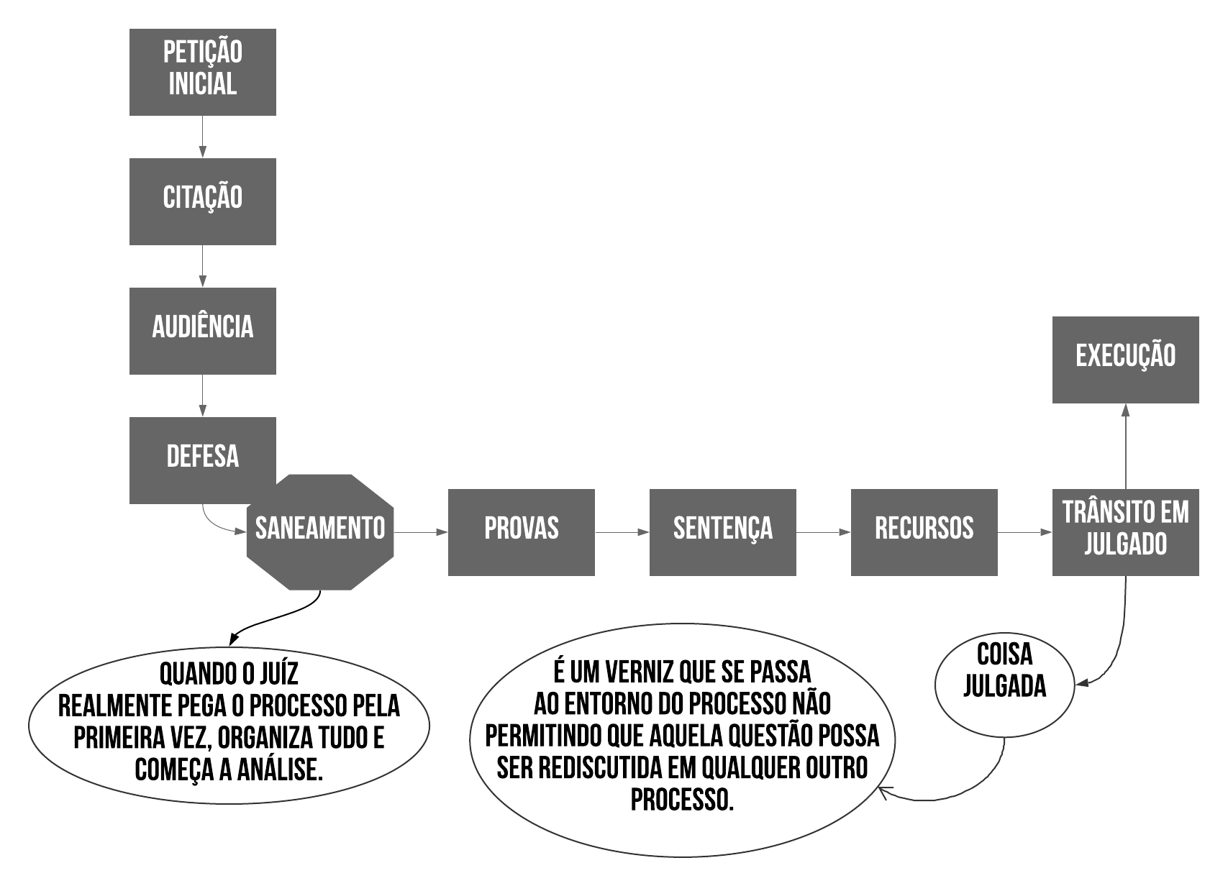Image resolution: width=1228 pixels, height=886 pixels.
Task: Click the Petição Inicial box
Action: click(202, 72)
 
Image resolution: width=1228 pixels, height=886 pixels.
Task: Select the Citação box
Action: click(202, 201)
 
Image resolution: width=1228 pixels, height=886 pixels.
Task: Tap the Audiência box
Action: click(202, 331)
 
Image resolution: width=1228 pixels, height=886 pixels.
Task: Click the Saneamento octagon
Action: click(320, 532)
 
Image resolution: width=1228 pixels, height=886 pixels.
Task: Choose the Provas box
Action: click(521, 532)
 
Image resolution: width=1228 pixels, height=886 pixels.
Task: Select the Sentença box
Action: click(722, 532)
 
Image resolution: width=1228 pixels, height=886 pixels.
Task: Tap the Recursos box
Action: click(924, 532)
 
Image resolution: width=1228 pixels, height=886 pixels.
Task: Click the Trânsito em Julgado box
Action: click(1125, 532)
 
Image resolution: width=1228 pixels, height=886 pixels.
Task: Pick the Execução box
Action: click(1125, 360)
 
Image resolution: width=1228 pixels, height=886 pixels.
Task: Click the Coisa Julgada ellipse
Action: click(1004, 680)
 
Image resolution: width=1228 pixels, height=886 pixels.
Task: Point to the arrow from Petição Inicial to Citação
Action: click(202, 137)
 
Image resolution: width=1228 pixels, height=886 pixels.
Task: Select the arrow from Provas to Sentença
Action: click(622, 532)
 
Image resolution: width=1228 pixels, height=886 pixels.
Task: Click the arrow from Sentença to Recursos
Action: click(823, 532)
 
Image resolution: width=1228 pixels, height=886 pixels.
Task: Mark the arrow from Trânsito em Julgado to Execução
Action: click(1125, 446)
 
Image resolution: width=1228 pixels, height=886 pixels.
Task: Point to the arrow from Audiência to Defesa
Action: click(202, 396)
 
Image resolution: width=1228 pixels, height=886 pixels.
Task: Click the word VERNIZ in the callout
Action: click(641, 672)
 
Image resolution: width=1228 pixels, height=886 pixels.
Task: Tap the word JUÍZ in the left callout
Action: click(276, 675)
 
